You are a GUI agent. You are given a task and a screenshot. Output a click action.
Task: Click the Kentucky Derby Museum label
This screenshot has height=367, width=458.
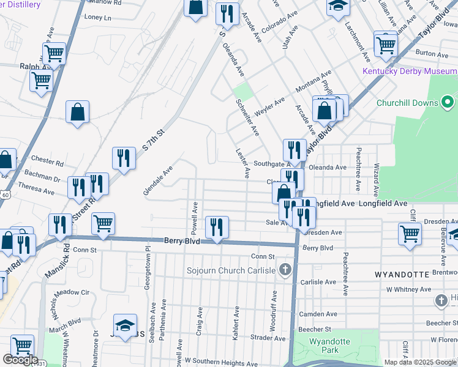click(410, 72)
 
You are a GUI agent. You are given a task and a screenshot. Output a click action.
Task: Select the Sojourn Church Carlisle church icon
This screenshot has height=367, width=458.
click(284, 269)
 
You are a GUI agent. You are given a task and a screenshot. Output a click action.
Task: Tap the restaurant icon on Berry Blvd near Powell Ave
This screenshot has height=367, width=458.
click(217, 227)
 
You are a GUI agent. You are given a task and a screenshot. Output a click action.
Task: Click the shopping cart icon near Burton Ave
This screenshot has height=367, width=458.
click(386, 43)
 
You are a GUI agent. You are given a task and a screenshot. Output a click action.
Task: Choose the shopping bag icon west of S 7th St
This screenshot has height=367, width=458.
click(78, 112)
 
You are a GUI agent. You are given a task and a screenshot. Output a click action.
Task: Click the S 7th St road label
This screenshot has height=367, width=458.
click(154, 141)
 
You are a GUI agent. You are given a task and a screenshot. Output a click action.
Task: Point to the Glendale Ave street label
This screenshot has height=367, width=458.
click(158, 181)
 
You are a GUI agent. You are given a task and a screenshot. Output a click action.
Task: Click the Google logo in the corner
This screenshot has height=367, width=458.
click(20, 360)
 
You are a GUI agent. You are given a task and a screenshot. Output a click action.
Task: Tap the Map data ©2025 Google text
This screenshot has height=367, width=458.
click(420, 362)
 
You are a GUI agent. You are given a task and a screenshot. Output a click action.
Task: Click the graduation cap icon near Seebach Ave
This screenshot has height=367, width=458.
click(125, 325)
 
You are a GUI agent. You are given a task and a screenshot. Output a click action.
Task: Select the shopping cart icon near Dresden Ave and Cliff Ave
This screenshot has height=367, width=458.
click(409, 232)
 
